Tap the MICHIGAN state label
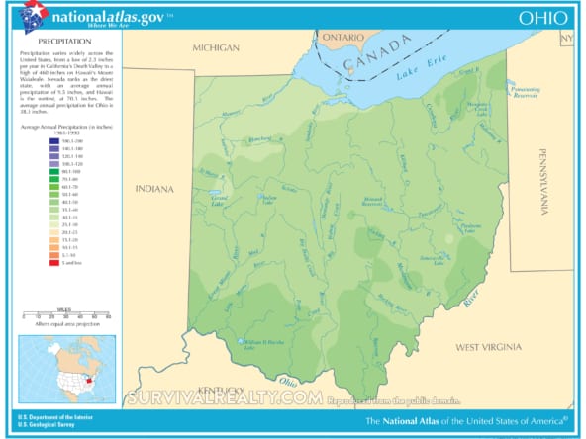[x=216, y=47]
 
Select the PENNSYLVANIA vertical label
[x=543, y=182]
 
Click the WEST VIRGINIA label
[x=494, y=347]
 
